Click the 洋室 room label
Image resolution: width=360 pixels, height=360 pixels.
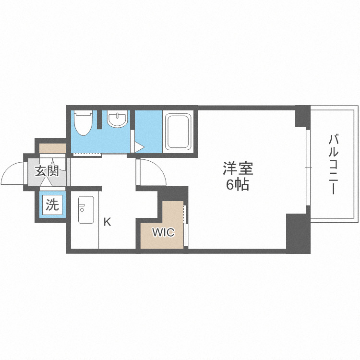click(238, 169)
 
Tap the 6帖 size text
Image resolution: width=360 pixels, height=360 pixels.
click(238, 185)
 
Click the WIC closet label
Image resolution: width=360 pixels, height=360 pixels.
click(163, 233)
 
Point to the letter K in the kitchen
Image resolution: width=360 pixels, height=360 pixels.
click(108, 222)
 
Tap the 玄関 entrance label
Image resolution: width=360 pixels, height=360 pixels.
click(47, 170)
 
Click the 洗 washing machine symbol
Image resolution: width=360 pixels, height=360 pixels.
click(52, 205)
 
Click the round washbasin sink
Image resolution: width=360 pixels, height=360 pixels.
click(118, 119)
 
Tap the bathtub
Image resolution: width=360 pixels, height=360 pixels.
click(178, 130)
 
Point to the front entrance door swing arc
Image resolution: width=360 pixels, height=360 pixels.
click(12, 173)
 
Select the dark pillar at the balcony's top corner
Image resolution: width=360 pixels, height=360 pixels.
click(303, 117)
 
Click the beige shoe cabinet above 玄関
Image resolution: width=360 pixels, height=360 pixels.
click(52, 148)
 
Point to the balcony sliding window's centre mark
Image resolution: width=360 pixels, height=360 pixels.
click(308, 168)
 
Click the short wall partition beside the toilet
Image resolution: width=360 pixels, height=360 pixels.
click(100, 120)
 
